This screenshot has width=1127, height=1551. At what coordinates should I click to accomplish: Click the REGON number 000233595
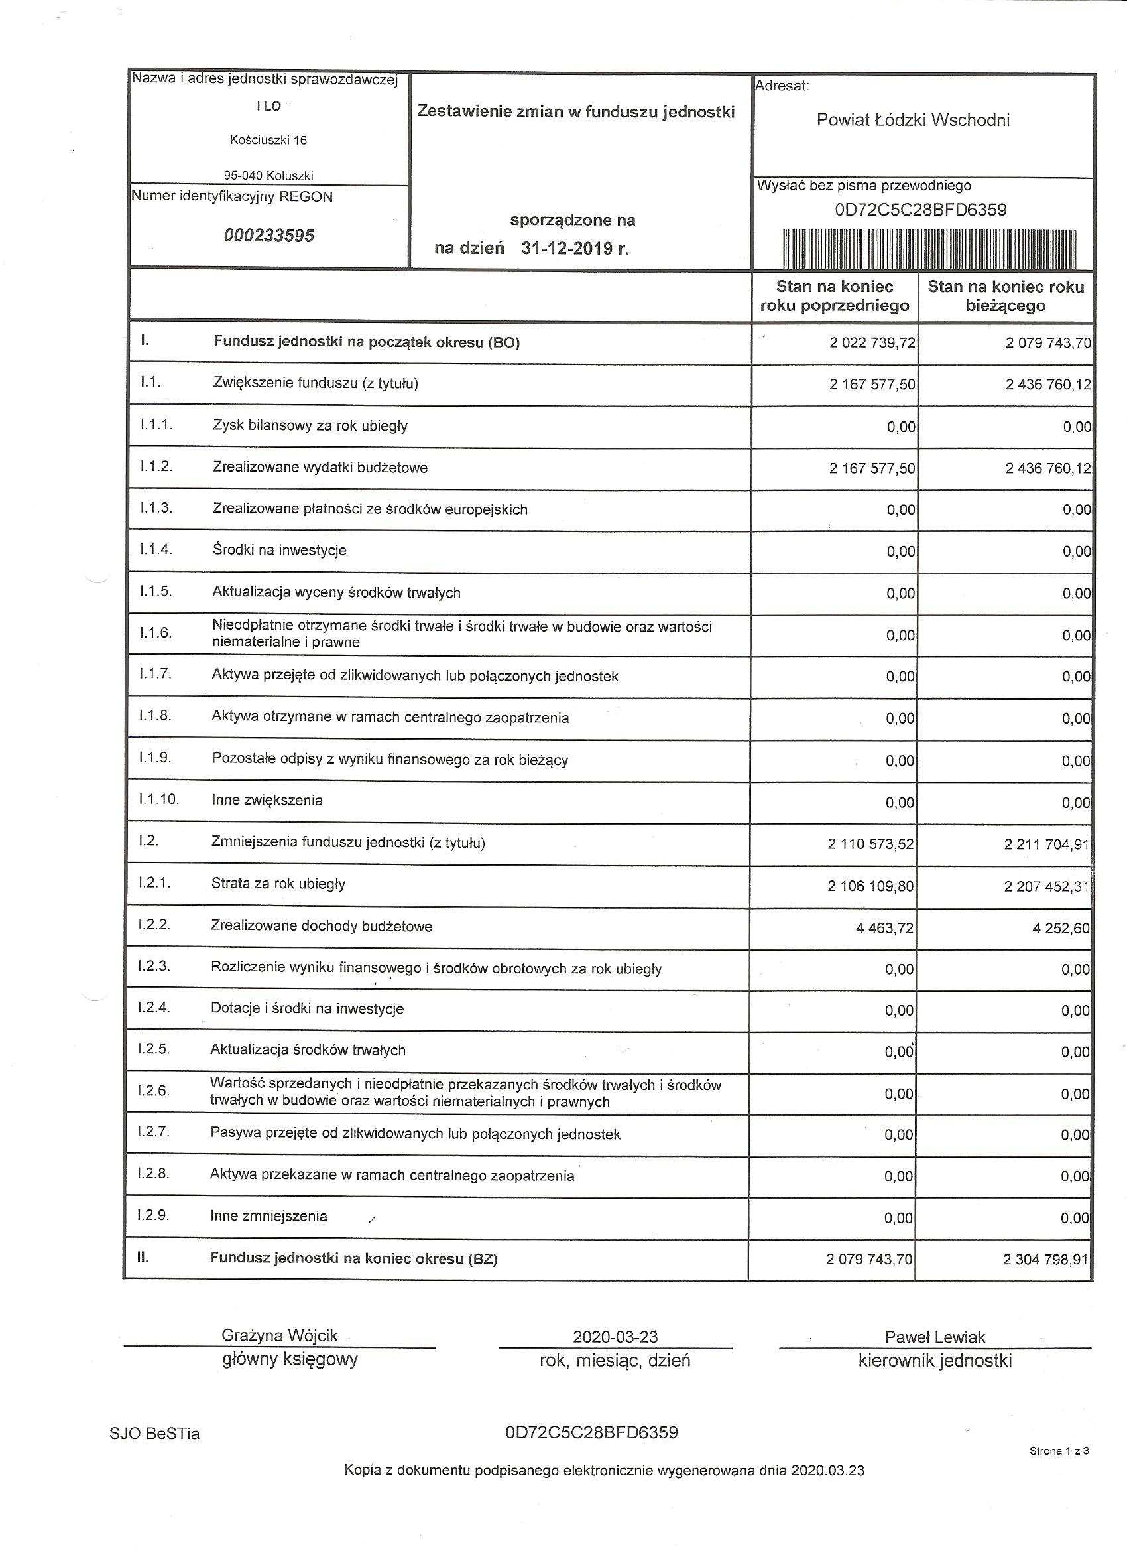click(x=268, y=236)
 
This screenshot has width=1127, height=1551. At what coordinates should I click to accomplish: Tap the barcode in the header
click(x=929, y=249)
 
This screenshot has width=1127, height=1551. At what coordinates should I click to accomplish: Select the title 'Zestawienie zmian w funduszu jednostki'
click(x=575, y=111)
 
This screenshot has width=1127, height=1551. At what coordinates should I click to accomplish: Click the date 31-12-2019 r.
click(x=575, y=248)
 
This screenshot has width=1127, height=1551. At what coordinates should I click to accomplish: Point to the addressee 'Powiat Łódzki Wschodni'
click(x=912, y=120)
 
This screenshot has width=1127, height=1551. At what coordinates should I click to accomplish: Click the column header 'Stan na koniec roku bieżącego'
click(x=1005, y=296)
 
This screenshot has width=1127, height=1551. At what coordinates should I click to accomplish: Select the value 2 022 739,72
click(x=872, y=342)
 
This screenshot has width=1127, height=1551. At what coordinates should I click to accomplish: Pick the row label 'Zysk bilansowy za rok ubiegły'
click(x=310, y=426)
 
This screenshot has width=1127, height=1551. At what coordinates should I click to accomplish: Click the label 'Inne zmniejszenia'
click(x=268, y=1216)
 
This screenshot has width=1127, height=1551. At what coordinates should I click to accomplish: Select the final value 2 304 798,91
click(x=1045, y=1259)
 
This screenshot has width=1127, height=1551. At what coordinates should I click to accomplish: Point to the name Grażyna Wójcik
click(x=280, y=1335)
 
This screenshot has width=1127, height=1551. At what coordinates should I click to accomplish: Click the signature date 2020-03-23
click(x=615, y=1337)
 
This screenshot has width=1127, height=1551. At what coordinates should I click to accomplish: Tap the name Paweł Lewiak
click(x=934, y=1337)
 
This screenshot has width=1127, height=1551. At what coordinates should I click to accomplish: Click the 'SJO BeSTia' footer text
click(x=154, y=1434)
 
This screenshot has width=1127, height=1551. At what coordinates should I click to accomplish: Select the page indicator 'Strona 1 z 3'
click(x=1059, y=1450)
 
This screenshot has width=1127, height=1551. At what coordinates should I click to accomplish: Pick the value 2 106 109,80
click(x=870, y=886)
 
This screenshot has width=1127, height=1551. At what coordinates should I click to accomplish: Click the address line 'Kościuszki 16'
click(x=268, y=141)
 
